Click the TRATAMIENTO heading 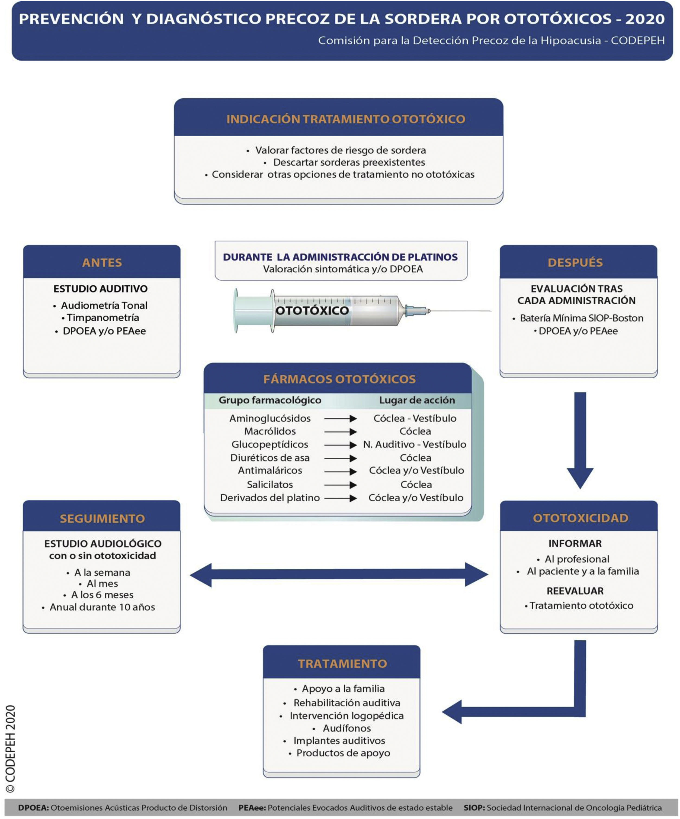(342, 663)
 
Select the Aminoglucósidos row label (270, 418)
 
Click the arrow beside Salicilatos (341, 485)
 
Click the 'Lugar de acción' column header (417, 400)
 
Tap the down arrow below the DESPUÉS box (580, 441)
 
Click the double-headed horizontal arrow (339, 575)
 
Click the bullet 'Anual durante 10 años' (102, 607)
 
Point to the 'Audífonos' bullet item (347, 728)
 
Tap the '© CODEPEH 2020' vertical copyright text (11, 750)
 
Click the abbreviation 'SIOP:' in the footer (474, 808)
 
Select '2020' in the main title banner (645, 19)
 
